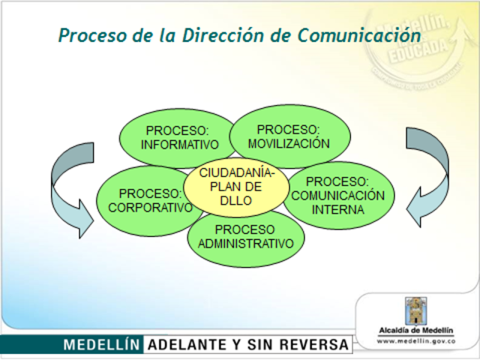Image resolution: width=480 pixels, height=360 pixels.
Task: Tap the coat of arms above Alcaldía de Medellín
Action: (x=416, y=310)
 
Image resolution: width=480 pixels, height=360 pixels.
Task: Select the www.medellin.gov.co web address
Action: (x=416, y=341)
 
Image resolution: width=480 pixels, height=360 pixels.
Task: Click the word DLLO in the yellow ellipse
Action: (x=235, y=200)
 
